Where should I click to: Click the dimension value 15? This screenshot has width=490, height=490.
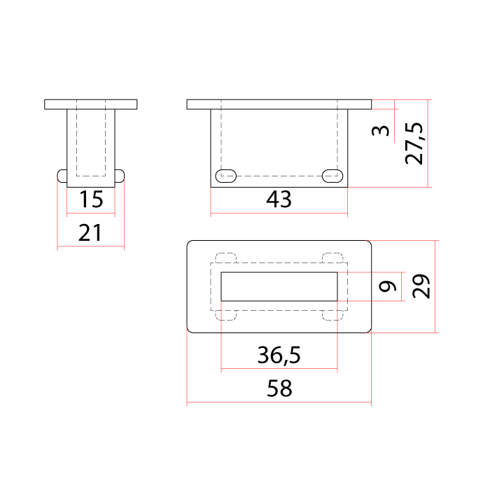[x=91, y=199]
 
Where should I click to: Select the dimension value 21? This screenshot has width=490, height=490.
[x=90, y=233]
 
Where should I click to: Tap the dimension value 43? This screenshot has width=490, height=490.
[x=279, y=199]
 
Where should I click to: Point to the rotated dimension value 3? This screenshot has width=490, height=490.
[x=381, y=130]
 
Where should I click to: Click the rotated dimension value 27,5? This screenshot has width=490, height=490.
[x=414, y=143]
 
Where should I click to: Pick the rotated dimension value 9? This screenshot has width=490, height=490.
[x=388, y=286]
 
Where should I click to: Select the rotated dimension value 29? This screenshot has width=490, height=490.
[x=421, y=286]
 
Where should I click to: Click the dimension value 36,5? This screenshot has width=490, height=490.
[x=279, y=355]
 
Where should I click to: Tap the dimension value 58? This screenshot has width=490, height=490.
[x=279, y=388]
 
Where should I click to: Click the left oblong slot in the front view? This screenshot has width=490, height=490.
[x=226, y=176]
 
